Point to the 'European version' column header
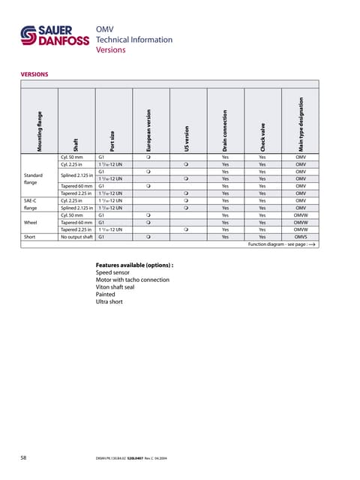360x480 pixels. (148, 127)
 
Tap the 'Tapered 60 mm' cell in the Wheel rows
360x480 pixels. (77, 222)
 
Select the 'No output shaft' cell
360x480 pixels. (77, 236)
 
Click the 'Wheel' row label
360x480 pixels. (31, 222)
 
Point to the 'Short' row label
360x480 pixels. (29, 236)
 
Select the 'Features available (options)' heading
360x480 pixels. (135, 265)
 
